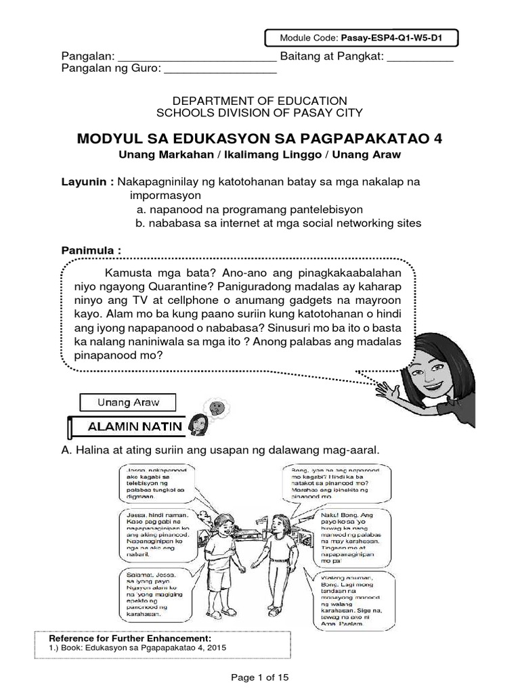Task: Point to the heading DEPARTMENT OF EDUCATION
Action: pyautogui.click(x=260, y=100)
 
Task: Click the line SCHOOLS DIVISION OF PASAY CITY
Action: pyautogui.click(x=260, y=113)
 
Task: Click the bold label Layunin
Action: pyautogui.click(x=86, y=183)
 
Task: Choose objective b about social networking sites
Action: pyautogui.click(x=278, y=223)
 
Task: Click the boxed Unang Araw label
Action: pyautogui.click(x=128, y=402)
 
